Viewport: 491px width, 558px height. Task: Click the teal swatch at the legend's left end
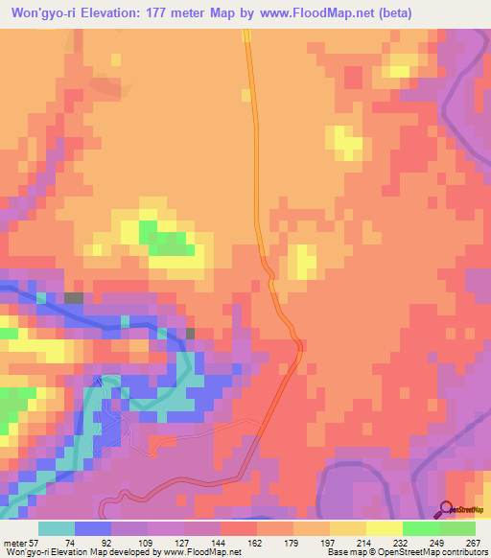pyautogui.click(x=56, y=528)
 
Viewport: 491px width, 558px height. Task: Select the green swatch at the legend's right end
pyautogui.click(x=456, y=528)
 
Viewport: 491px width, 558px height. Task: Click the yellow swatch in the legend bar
pyautogui.click(x=384, y=528)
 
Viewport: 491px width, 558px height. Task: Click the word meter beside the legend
pyautogui.click(x=14, y=543)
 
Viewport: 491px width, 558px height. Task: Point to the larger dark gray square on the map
pyautogui.click(x=74, y=298)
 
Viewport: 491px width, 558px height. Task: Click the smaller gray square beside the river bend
pyautogui.click(x=190, y=333)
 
